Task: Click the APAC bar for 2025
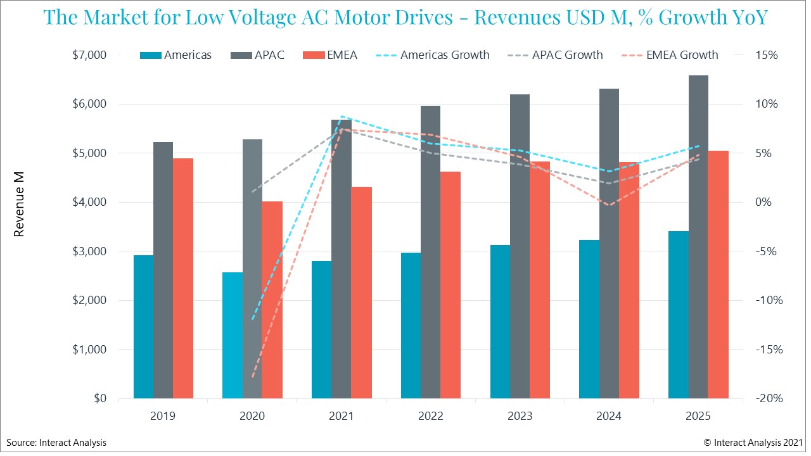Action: click(698, 237)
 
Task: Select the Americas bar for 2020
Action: click(233, 335)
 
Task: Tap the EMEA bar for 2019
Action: click(182, 278)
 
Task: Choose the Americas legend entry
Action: click(176, 55)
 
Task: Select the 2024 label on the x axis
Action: click(609, 416)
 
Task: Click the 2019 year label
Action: click(163, 416)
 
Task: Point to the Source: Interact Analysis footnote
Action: click(57, 443)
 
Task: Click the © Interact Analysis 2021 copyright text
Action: click(753, 443)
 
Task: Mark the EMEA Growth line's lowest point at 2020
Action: click(252, 377)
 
